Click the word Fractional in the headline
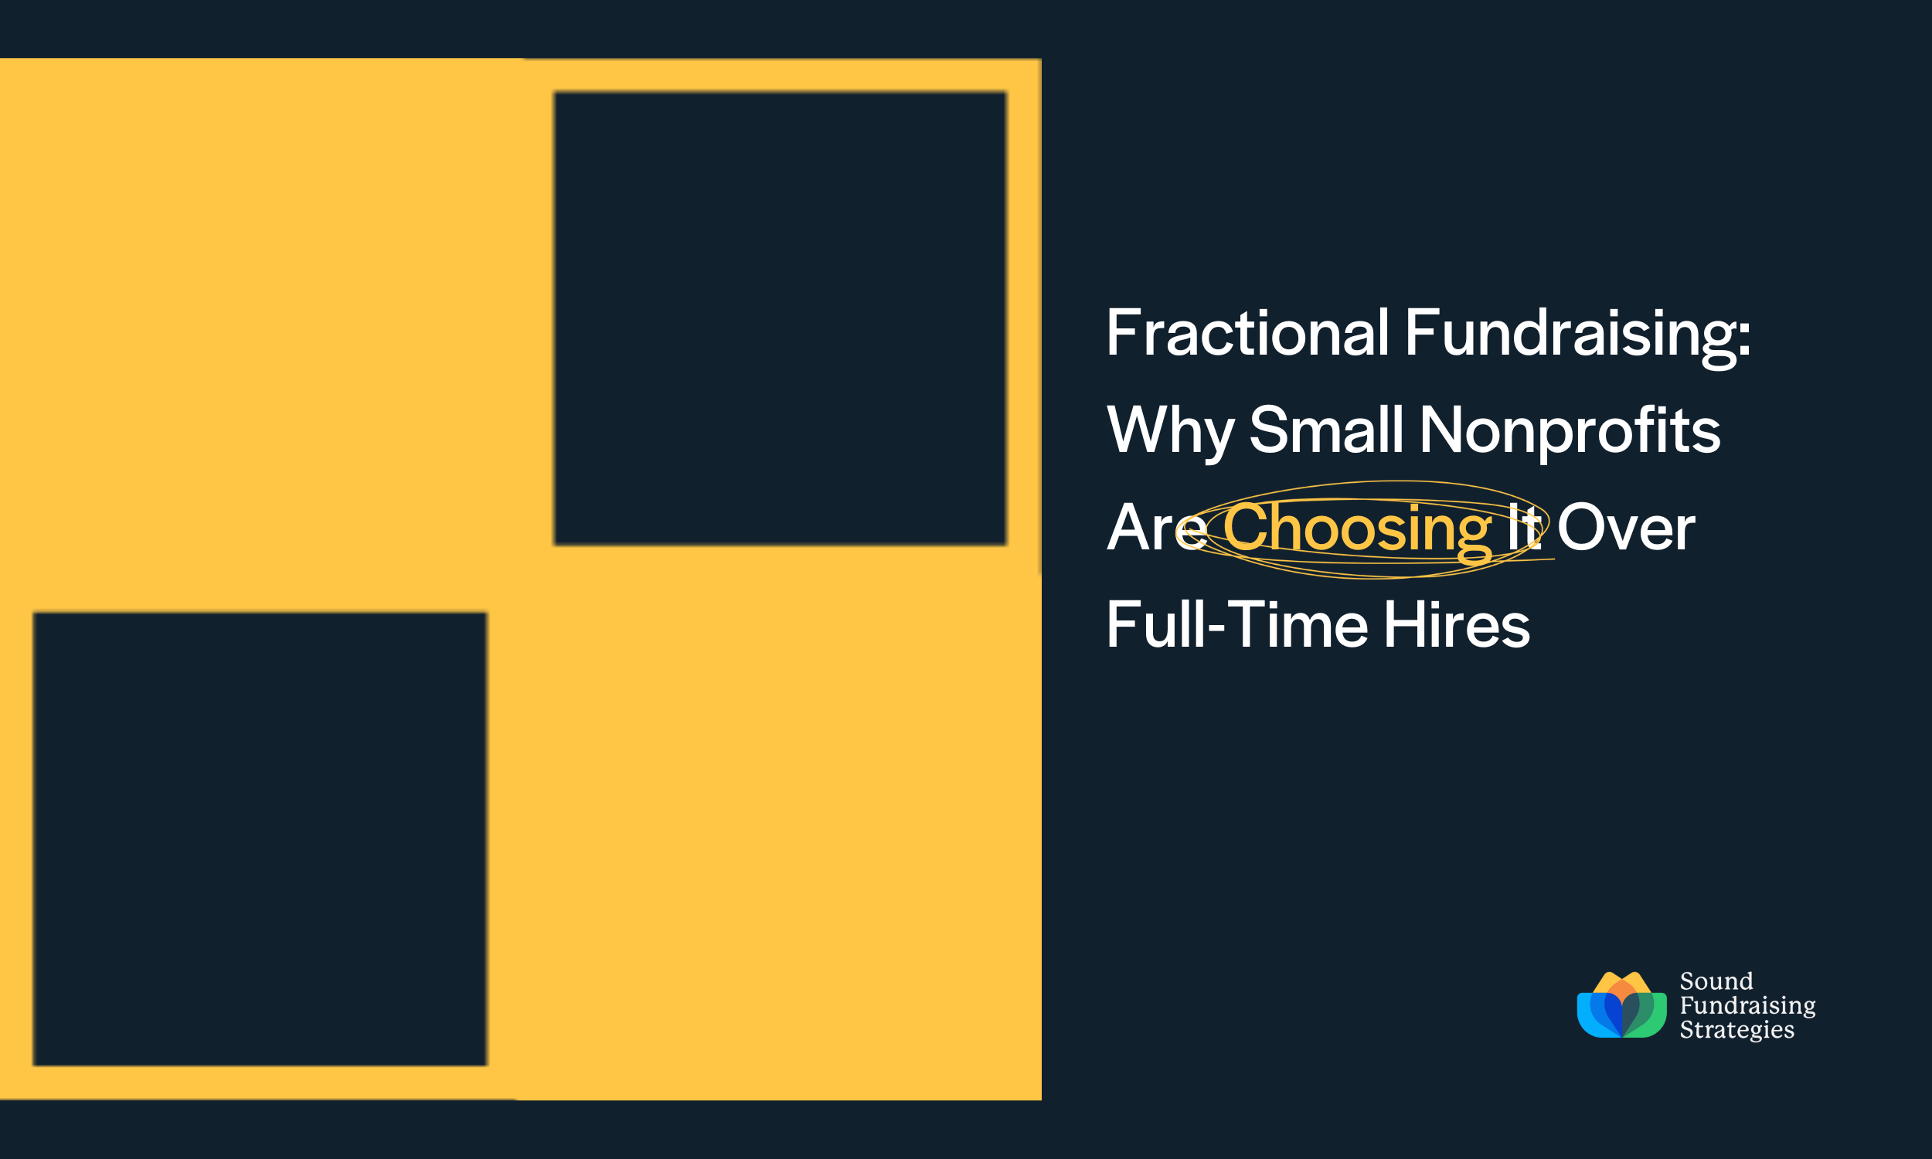coord(1247,334)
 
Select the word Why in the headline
coord(1170,431)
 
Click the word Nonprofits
coord(1570,431)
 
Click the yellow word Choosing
coord(1357,529)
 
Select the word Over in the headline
coord(1626,529)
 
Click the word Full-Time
coord(1237,626)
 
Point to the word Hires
coord(1457,626)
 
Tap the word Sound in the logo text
coord(1716,981)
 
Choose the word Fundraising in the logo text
coord(1748,1005)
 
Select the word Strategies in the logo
coord(1736,1029)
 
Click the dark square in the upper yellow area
coord(779,318)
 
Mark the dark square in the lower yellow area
coord(259,839)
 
